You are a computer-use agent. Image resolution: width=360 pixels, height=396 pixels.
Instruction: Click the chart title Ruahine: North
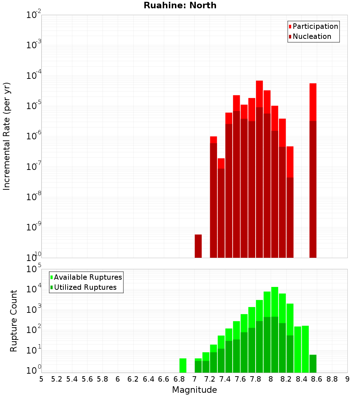pyautogui.click(x=180, y=5)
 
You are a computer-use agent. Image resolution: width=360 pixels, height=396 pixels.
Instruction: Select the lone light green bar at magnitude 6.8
pyautogui.click(x=183, y=365)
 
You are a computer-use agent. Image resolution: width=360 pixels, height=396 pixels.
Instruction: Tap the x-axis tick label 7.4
pyautogui.click(x=225, y=379)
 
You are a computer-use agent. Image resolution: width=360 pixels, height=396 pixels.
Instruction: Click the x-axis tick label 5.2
pyautogui.click(x=57, y=379)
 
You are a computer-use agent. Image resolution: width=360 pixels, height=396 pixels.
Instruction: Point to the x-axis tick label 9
pyautogui.click(x=347, y=379)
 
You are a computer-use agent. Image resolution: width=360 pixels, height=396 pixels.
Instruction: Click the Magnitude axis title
pyautogui.click(x=194, y=390)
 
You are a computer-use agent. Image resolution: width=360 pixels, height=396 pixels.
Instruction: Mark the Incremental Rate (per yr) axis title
pyautogui.click(x=7, y=136)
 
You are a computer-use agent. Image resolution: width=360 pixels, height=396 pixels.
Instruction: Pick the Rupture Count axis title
pyautogui.click(x=14, y=321)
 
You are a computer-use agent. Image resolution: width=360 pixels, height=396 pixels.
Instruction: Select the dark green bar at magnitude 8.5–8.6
pyautogui.click(x=313, y=364)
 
